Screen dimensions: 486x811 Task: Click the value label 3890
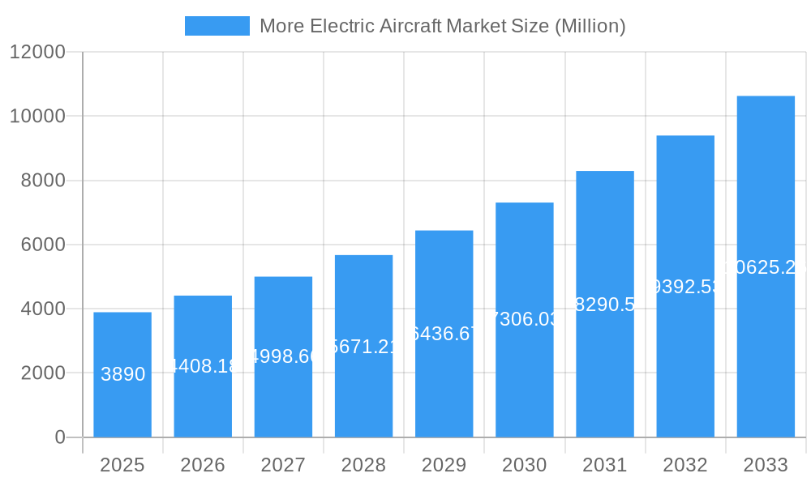pos(123,374)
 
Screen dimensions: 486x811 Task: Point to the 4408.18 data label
pos(203,366)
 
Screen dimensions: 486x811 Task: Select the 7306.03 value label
pos(525,319)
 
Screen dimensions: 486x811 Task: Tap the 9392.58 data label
pos(685,287)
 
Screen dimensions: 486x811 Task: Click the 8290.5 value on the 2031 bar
pos(605,305)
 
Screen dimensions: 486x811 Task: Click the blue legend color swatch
pos(217,26)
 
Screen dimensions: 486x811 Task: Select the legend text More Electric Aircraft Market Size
pos(442,26)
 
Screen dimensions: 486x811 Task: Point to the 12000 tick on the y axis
pos(37,52)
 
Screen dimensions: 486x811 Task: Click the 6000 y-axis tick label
pos(42,245)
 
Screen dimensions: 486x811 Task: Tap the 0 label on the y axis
pos(59,437)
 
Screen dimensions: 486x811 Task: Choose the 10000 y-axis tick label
pos(37,116)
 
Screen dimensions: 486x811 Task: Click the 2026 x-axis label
pos(203,465)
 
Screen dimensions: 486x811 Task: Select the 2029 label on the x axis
pos(444,465)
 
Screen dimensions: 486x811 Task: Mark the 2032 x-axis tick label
pos(685,465)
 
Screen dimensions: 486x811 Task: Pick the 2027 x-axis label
pos(283,465)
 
